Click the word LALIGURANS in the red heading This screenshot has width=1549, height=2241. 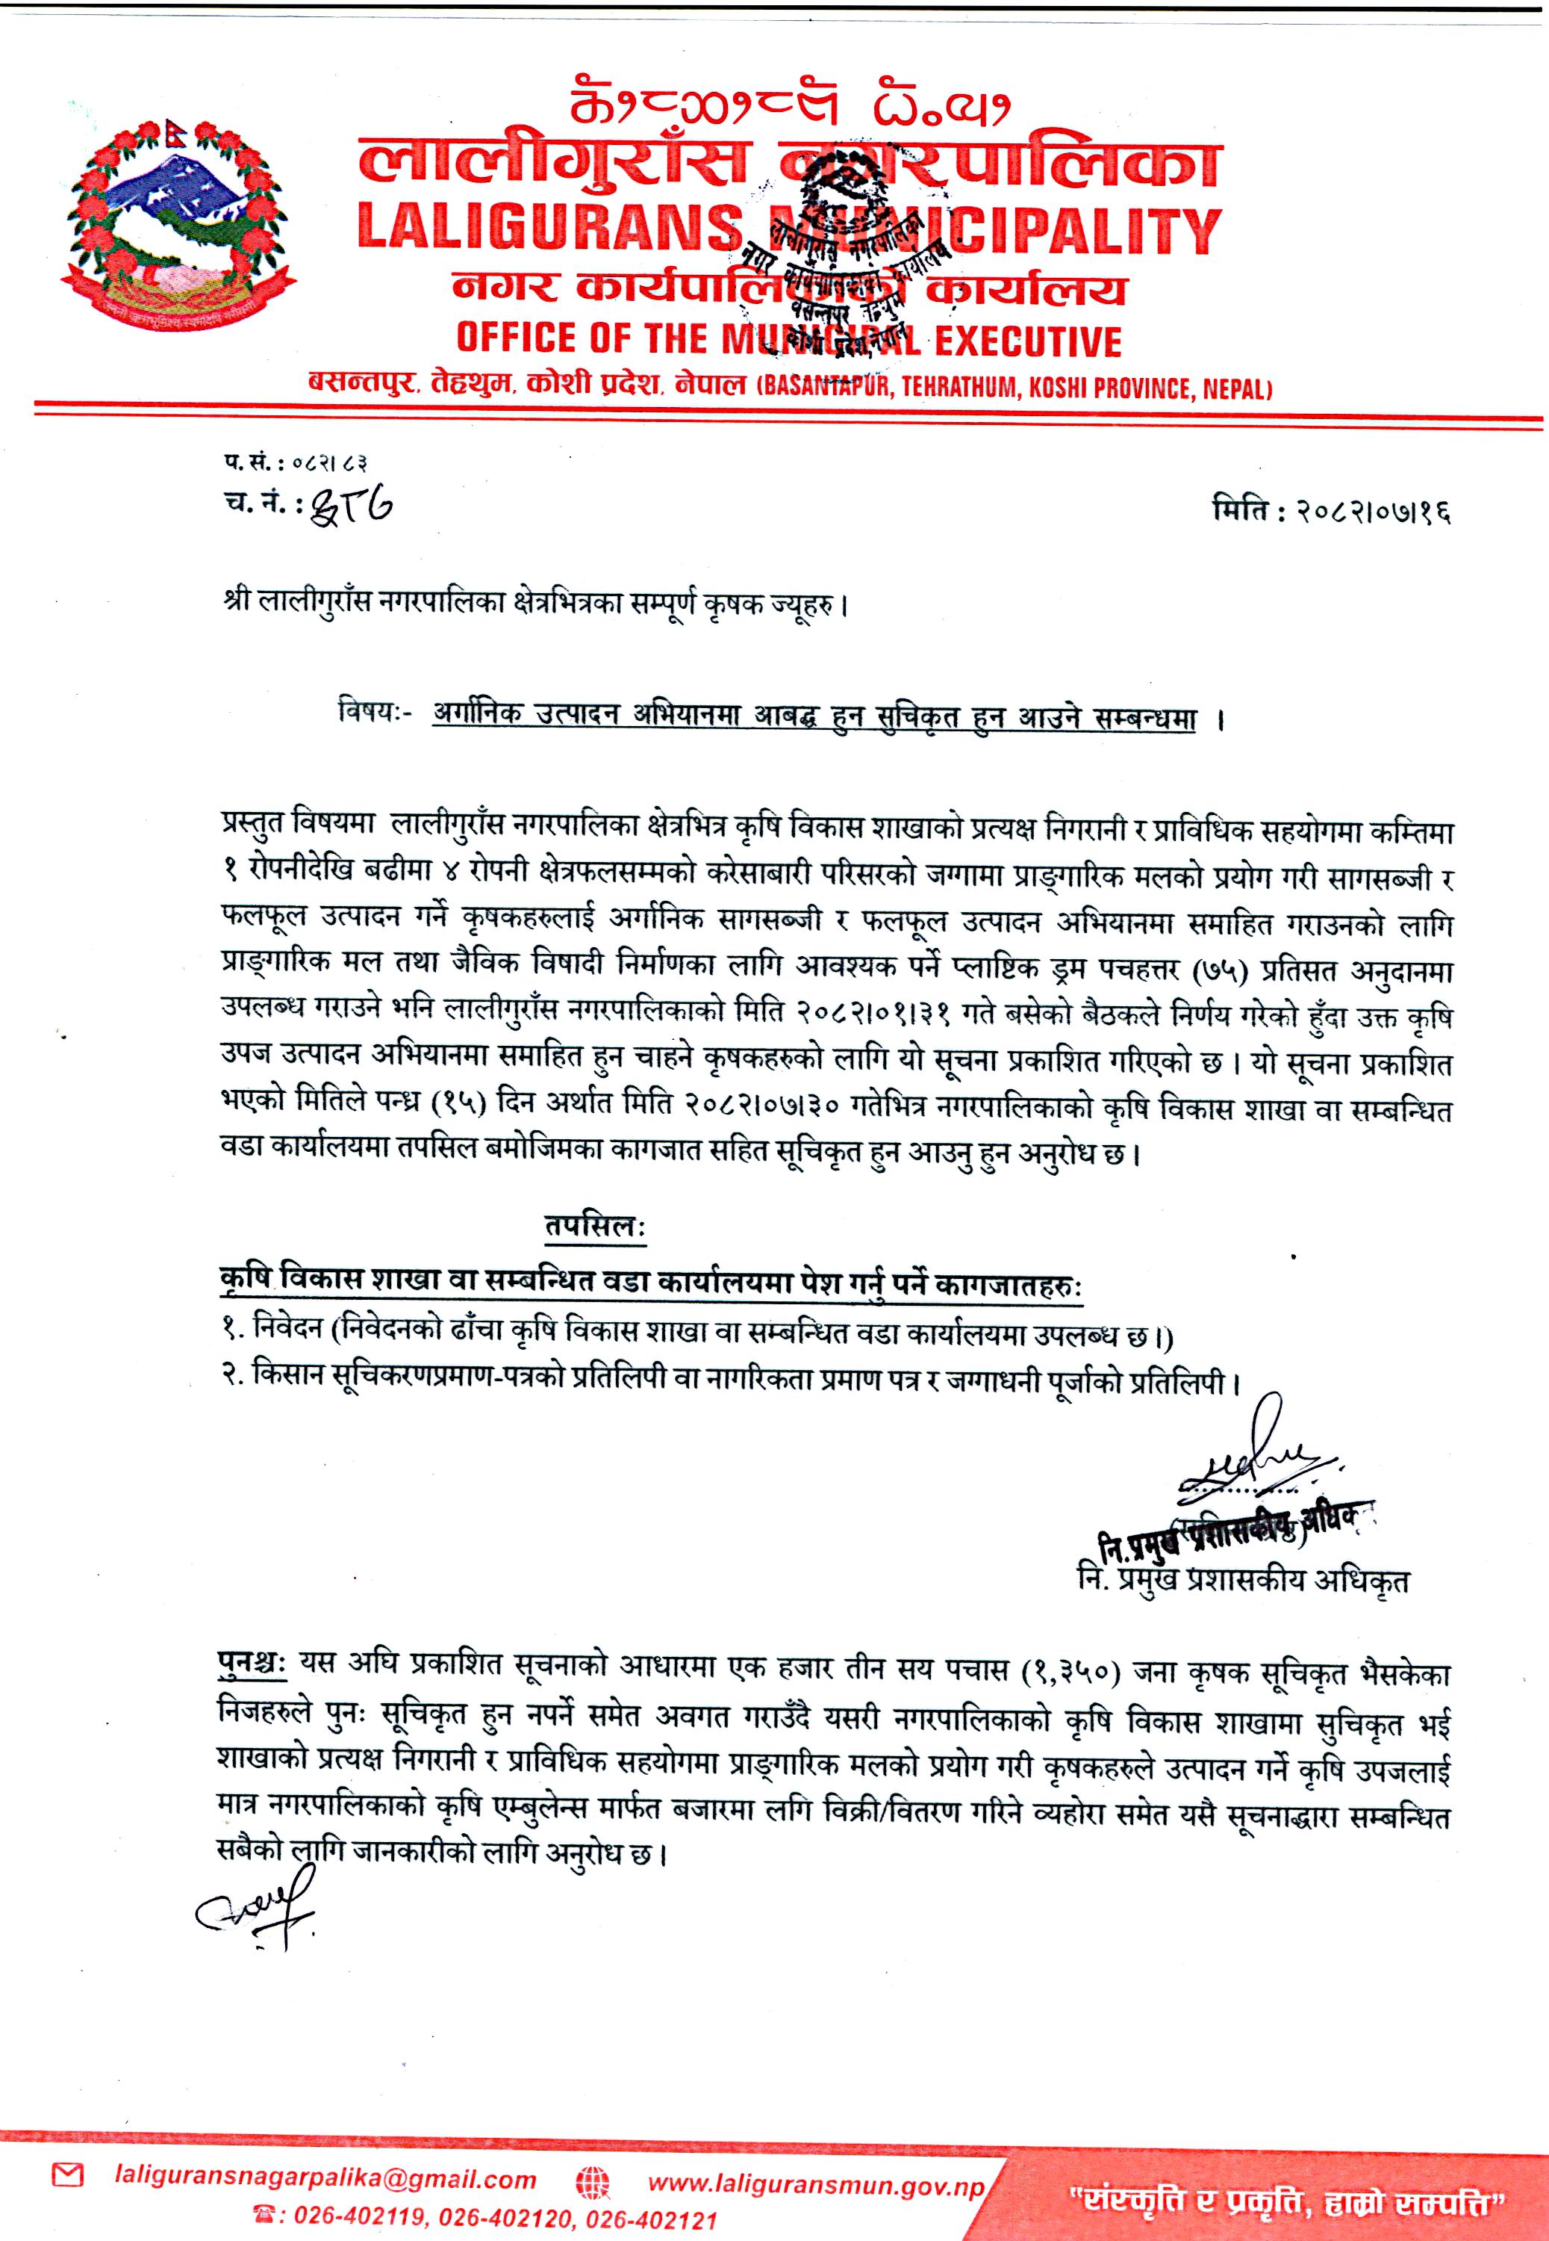click(549, 230)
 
